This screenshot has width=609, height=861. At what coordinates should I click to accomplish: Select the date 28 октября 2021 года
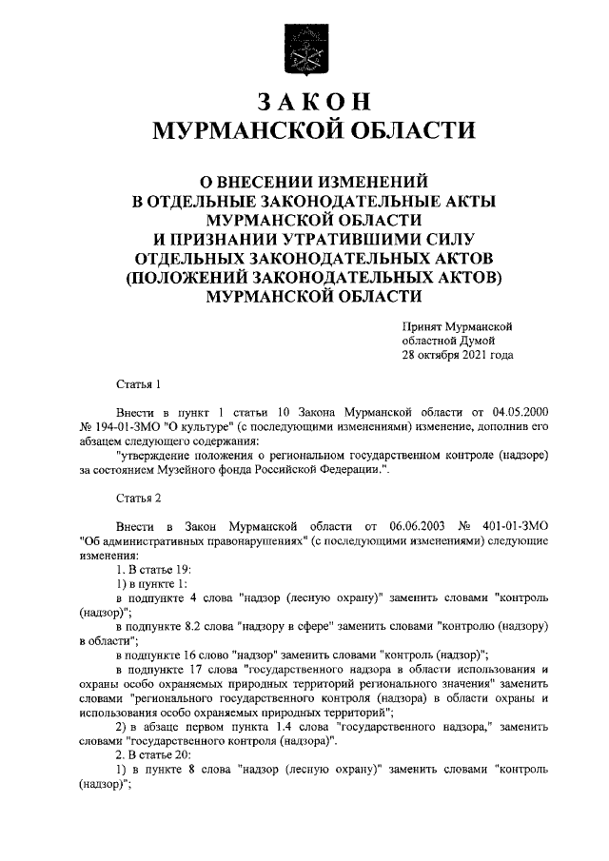click(x=458, y=355)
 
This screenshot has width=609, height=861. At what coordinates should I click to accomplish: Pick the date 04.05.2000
click(x=522, y=415)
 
